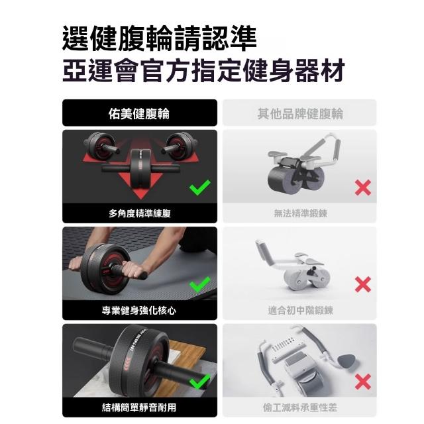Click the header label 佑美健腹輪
pyautogui.click(x=139, y=113)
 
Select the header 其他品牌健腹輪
pyautogui.click(x=300, y=113)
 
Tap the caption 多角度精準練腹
pyautogui.click(x=140, y=213)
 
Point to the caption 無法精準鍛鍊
pyautogui.click(x=300, y=213)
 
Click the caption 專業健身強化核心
pyautogui.click(x=139, y=310)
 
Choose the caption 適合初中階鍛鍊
pyautogui.click(x=300, y=310)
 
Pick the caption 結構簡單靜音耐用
pyautogui.click(x=139, y=407)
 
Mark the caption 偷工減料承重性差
pyautogui.click(x=300, y=407)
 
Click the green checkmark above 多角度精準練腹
pyautogui.click(x=199, y=187)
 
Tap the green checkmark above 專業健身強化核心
pyautogui.click(x=199, y=284)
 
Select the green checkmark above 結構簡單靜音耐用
pyautogui.click(x=199, y=382)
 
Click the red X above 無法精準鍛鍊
pyautogui.click(x=362, y=187)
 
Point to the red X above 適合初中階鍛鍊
pyautogui.click(x=362, y=284)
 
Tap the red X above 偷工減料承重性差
pyautogui.click(x=362, y=382)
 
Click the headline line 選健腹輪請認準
pyautogui.click(x=160, y=38)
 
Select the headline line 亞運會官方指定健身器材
pyautogui.click(x=203, y=70)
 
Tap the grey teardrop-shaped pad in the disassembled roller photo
pyautogui.click(x=346, y=361)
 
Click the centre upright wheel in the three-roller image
pyautogui.click(x=140, y=168)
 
